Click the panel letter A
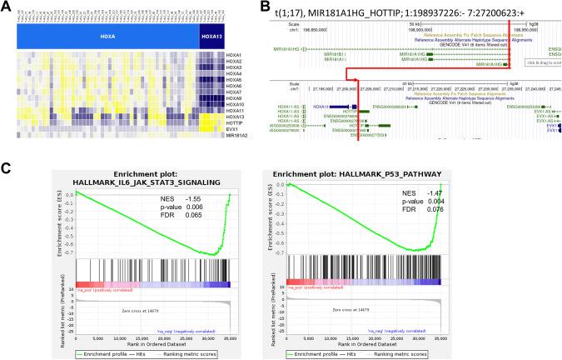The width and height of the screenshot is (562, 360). point(7,7)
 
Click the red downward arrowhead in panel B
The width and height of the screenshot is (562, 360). point(359,86)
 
